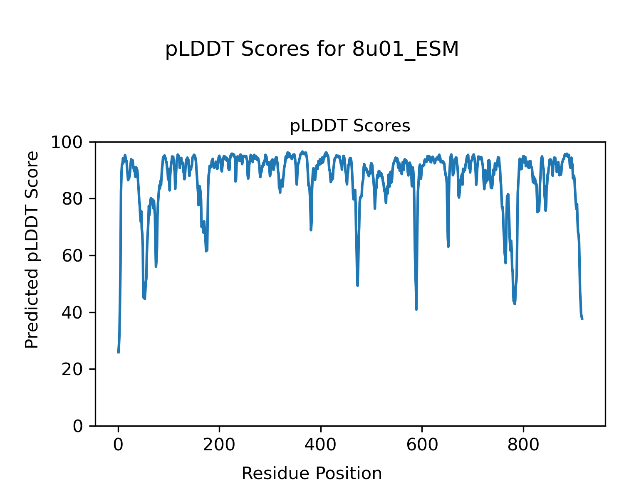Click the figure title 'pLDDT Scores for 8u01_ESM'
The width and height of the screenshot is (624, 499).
point(312,50)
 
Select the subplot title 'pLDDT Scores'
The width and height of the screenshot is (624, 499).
point(350,126)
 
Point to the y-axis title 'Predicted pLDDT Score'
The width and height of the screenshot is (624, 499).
point(32,249)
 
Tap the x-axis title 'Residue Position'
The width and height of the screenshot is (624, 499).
point(312,474)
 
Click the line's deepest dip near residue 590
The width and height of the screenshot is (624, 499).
point(416,309)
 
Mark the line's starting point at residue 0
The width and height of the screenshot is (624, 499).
point(119,352)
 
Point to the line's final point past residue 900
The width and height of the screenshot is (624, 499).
point(582,319)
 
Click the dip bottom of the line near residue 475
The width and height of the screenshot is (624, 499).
point(358,285)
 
